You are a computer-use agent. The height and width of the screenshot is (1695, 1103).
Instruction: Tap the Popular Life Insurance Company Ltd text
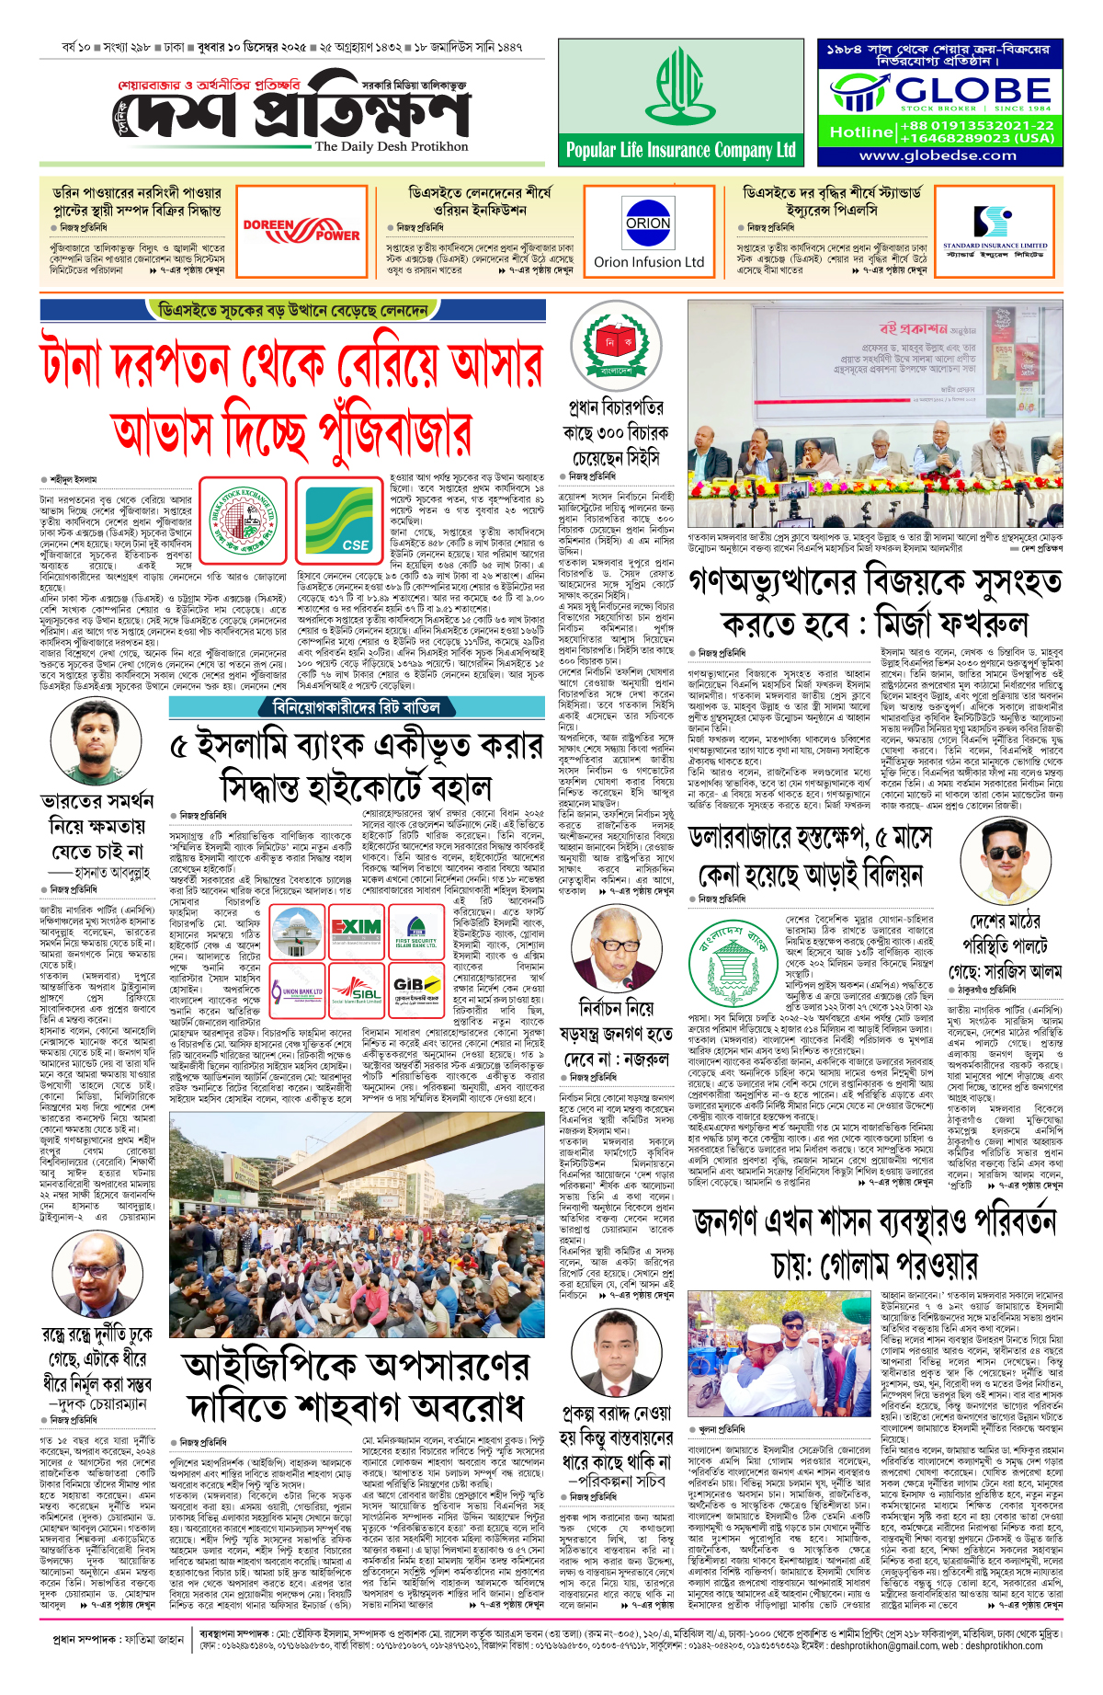point(680,150)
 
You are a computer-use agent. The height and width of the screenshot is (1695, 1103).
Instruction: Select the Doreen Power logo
point(301,230)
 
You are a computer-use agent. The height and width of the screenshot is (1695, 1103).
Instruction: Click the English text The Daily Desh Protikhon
point(392,146)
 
